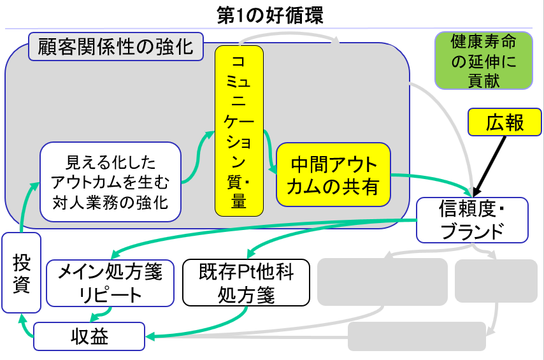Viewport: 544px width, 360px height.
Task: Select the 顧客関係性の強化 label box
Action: (115, 47)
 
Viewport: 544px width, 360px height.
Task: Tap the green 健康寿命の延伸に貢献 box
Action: (483, 61)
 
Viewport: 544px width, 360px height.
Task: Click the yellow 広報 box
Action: (505, 122)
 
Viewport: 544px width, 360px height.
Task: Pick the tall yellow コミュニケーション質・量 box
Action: (238, 130)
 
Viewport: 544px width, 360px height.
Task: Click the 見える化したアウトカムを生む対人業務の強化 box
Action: (111, 182)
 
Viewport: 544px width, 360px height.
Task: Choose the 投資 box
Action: (21, 272)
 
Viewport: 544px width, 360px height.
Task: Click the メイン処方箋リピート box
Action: (110, 283)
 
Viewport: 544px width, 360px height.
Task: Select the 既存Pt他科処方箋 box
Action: (246, 283)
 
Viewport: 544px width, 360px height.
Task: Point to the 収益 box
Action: (89, 336)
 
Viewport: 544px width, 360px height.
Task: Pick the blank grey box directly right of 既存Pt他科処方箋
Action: (382, 280)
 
